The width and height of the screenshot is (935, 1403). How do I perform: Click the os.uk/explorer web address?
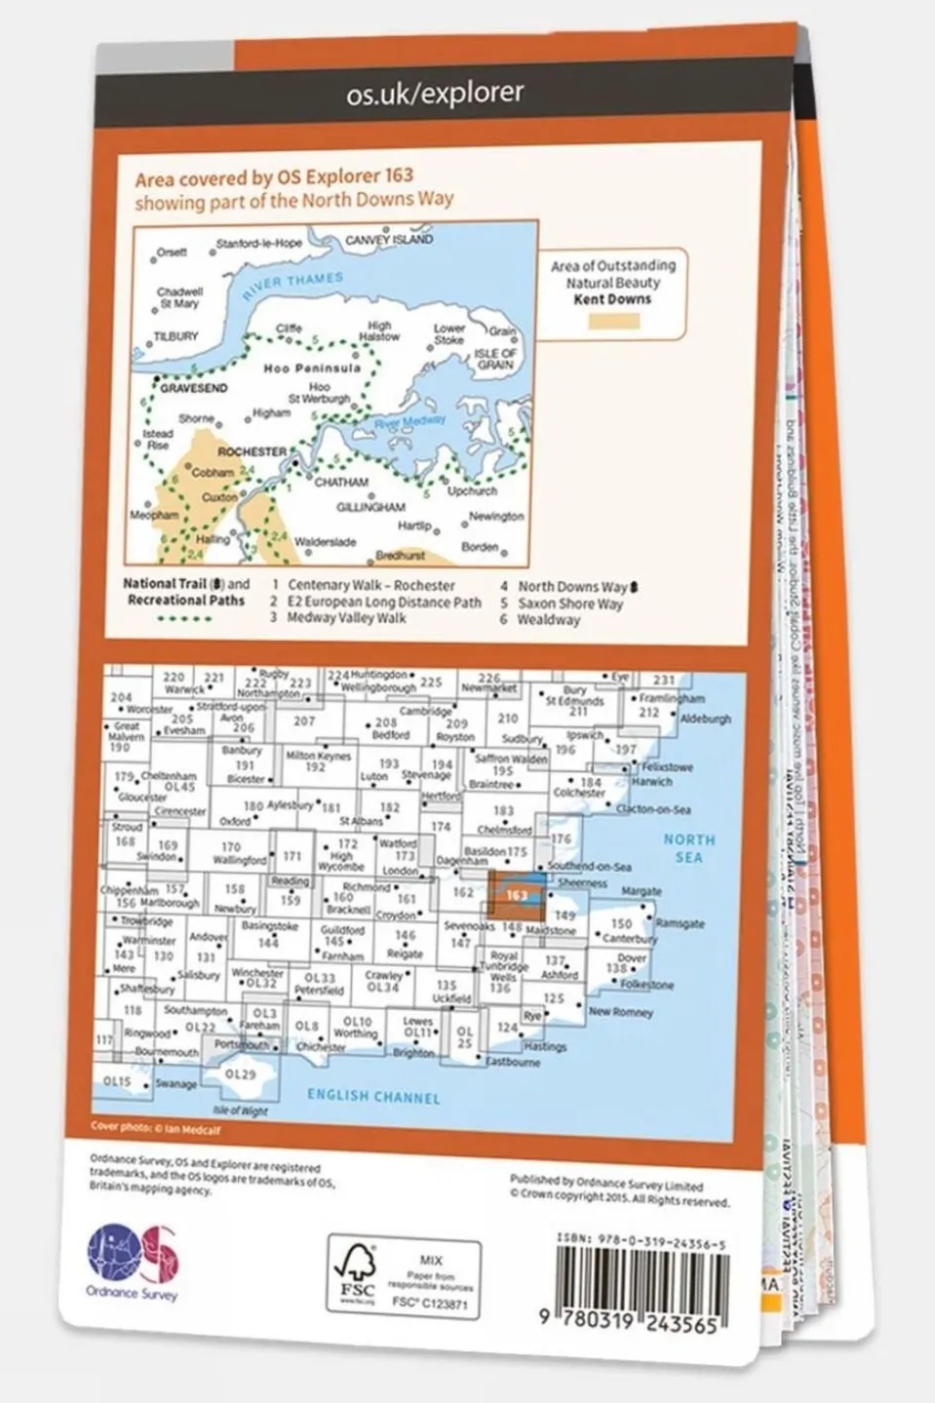coord(435,94)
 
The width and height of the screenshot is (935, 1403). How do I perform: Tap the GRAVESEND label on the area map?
coord(194,388)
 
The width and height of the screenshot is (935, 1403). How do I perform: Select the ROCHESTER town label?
coord(252,452)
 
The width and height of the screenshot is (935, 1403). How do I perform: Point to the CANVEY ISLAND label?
coord(389,239)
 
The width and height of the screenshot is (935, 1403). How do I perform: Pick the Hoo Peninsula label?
coord(312,369)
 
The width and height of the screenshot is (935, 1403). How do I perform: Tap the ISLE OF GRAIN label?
coord(496,359)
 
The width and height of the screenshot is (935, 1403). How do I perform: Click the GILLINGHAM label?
coord(370,507)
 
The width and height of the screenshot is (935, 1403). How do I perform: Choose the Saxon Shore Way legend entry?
coord(570,604)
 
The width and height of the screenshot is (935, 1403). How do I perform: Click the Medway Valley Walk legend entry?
coord(346,618)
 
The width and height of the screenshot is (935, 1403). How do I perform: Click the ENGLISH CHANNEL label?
coord(373,1096)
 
